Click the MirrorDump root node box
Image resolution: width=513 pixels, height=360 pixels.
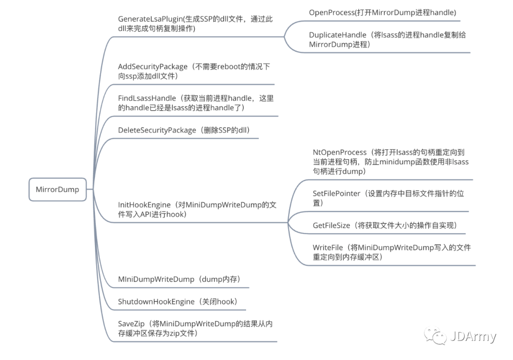(x=57, y=189)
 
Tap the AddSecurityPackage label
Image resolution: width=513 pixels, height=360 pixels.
(x=152, y=67)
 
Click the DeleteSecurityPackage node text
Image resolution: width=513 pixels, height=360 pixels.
(x=157, y=130)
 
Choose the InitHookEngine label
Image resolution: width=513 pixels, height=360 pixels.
(x=144, y=205)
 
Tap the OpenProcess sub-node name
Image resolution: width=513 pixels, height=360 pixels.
(x=332, y=13)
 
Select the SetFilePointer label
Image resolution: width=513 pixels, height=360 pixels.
(x=336, y=194)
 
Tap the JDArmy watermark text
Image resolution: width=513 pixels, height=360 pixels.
(x=473, y=337)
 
